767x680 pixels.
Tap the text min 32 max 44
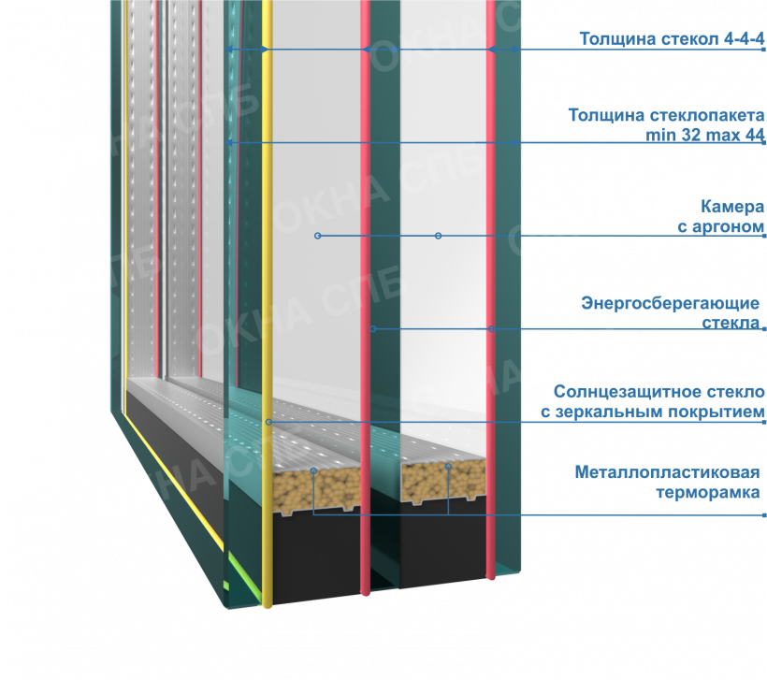pyautogui.click(x=704, y=135)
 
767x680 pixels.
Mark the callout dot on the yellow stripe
pyautogui.click(x=268, y=422)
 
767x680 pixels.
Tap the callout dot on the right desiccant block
pyautogui.click(x=449, y=466)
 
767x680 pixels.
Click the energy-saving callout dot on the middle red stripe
pyautogui.click(x=372, y=329)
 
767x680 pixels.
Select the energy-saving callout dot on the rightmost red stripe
pyautogui.click(x=491, y=328)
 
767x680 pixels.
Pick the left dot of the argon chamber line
pyautogui.click(x=317, y=236)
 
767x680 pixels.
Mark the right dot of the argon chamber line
pyautogui.click(x=437, y=235)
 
